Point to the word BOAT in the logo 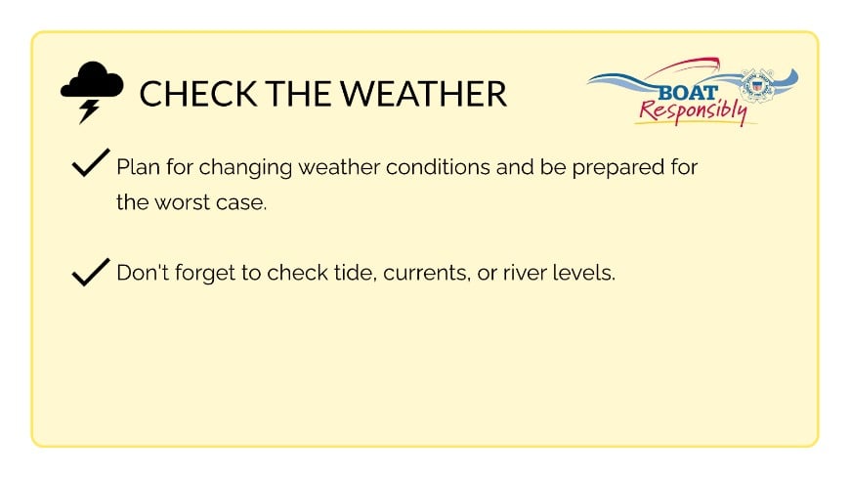(689, 92)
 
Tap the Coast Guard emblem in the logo (756, 86)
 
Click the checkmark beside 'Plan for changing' (90, 164)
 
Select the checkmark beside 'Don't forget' (90, 272)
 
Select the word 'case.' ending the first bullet (241, 205)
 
